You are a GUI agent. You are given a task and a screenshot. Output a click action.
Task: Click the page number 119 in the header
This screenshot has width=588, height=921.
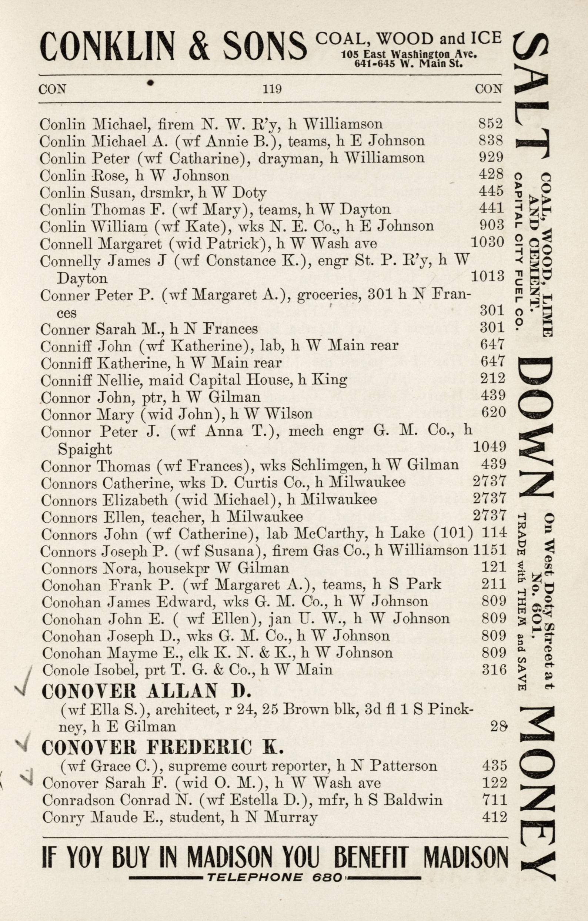coord(272,89)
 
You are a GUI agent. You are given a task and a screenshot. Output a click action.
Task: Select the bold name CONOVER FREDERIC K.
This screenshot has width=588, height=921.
coord(162,747)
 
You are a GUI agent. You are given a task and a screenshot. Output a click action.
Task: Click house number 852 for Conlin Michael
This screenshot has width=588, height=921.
coord(491,124)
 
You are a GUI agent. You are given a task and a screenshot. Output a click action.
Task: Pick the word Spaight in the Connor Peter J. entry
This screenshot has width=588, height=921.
coord(84,449)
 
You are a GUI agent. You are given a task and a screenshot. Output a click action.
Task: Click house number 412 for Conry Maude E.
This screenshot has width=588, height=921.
coord(494,817)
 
